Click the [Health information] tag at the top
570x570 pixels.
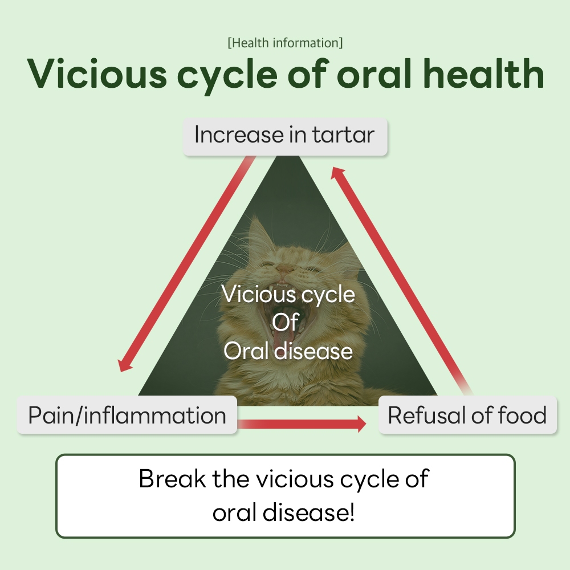[285, 43]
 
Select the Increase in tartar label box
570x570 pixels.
[284, 136]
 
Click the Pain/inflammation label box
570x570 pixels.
[127, 415]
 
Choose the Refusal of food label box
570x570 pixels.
[467, 415]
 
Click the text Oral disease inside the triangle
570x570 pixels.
[288, 351]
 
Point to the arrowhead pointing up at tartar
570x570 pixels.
[339, 173]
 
